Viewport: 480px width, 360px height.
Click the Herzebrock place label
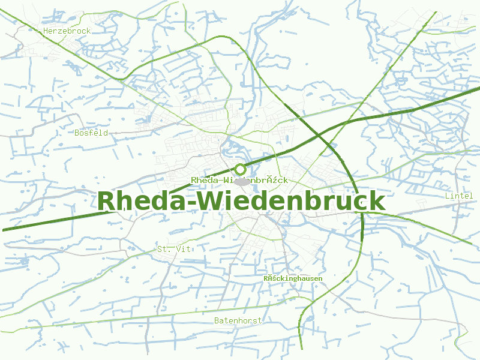click(67, 31)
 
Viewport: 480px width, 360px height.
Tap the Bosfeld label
click(91, 133)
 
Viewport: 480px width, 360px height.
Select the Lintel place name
click(459, 196)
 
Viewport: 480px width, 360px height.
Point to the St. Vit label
click(173, 249)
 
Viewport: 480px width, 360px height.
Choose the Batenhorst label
click(238, 321)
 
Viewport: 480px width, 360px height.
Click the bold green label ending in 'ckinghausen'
click(293, 278)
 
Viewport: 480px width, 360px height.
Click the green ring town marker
click(240, 169)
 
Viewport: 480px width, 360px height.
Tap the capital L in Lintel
click(448, 196)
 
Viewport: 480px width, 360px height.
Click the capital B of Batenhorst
click(217, 321)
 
